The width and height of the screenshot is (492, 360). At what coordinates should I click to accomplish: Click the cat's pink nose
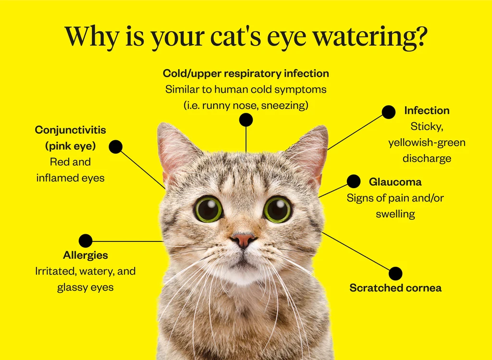[243, 239]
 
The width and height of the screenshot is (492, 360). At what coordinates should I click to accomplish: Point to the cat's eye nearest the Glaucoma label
[277, 209]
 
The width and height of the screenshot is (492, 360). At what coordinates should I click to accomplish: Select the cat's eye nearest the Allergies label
[208, 209]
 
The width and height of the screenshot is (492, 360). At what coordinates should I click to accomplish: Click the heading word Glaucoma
[395, 182]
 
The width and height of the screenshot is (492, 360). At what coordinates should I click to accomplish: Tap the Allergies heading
[86, 255]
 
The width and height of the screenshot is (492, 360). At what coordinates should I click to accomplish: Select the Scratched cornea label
[395, 288]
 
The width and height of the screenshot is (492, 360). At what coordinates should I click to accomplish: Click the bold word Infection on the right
[427, 110]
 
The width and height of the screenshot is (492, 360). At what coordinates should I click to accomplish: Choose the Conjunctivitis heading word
[70, 130]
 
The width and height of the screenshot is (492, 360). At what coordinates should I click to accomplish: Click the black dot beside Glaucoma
[353, 181]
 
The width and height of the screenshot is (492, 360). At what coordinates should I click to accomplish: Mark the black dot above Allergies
[86, 240]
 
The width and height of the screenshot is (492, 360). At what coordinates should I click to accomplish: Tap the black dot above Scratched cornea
[395, 274]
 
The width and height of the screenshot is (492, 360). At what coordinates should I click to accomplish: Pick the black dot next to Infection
[388, 112]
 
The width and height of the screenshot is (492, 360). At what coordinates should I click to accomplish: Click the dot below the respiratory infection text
[246, 120]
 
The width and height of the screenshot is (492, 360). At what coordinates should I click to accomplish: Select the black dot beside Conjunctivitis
[115, 147]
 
